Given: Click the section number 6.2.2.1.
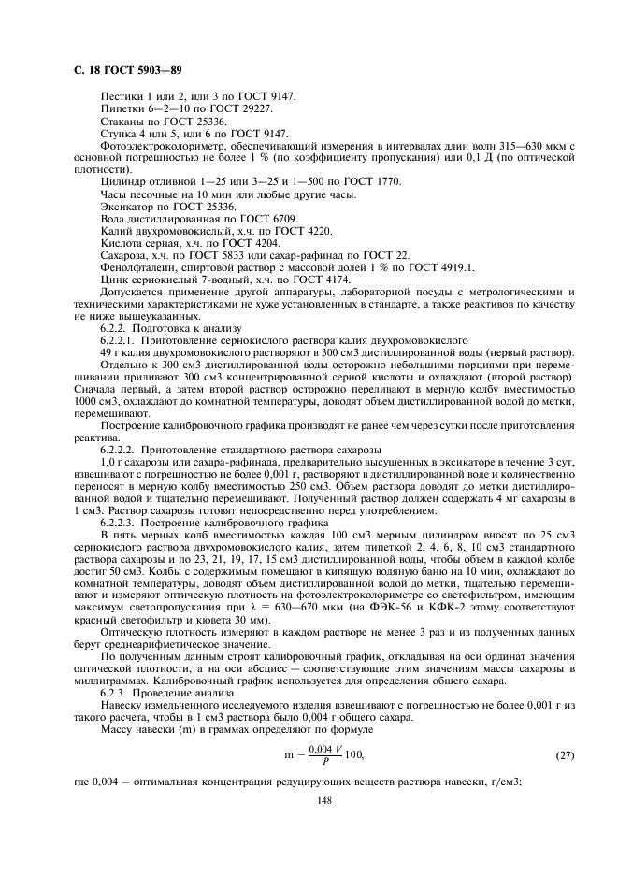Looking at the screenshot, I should pos(120,342).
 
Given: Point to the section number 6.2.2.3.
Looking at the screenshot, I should pos(120,524).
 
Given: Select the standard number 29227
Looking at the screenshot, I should pos(252,109).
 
